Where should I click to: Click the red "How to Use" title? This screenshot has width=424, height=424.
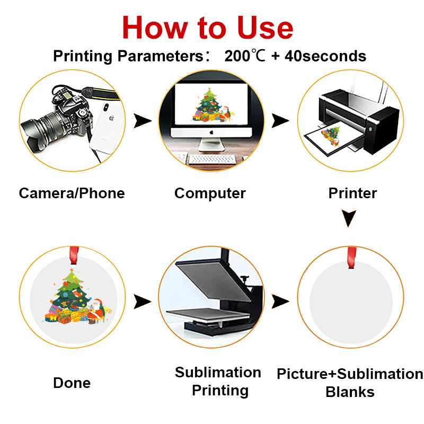pyautogui.click(x=208, y=28)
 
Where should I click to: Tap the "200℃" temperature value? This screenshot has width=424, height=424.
pyautogui.click(x=245, y=56)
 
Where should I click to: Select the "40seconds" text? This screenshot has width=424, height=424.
pyautogui.click(x=325, y=56)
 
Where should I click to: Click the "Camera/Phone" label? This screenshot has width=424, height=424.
pyautogui.click(x=72, y=193)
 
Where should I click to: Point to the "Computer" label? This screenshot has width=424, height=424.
pyautogui.click(x=210, y=194)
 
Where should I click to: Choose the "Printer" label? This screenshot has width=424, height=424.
pyautogui.click(x=352, y=193)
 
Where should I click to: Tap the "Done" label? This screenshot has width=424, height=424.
pyautogui.click(x=72, y=383)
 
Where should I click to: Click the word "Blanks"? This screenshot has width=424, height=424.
pyautogui.click(x=350, y=392)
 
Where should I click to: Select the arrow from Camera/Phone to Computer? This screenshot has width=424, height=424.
pyautogui.click(x=143, y=121)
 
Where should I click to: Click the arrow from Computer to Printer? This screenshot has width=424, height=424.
pyautogui.click(x=280, y=121)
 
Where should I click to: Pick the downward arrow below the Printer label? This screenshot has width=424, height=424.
pyautogui.click(x=349, y=218)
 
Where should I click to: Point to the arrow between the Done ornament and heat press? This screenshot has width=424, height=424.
pyautogui.click(x=143, y=302)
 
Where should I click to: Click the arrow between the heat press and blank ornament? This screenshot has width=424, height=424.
pyautogui.click(x=280, y=301)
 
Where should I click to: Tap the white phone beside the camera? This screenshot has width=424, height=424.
pyautogui.click(x=108, y=127)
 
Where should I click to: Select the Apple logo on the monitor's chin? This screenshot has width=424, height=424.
pyautogui.click(x=211, y=132)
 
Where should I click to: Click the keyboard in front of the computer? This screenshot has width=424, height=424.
pyautogui.click(x=211, y=158)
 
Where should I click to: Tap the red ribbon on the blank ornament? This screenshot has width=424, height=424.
pyautogui.click(x=351, y=258)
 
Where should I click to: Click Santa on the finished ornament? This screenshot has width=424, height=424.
pyautogui.click(x=96, y=311)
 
